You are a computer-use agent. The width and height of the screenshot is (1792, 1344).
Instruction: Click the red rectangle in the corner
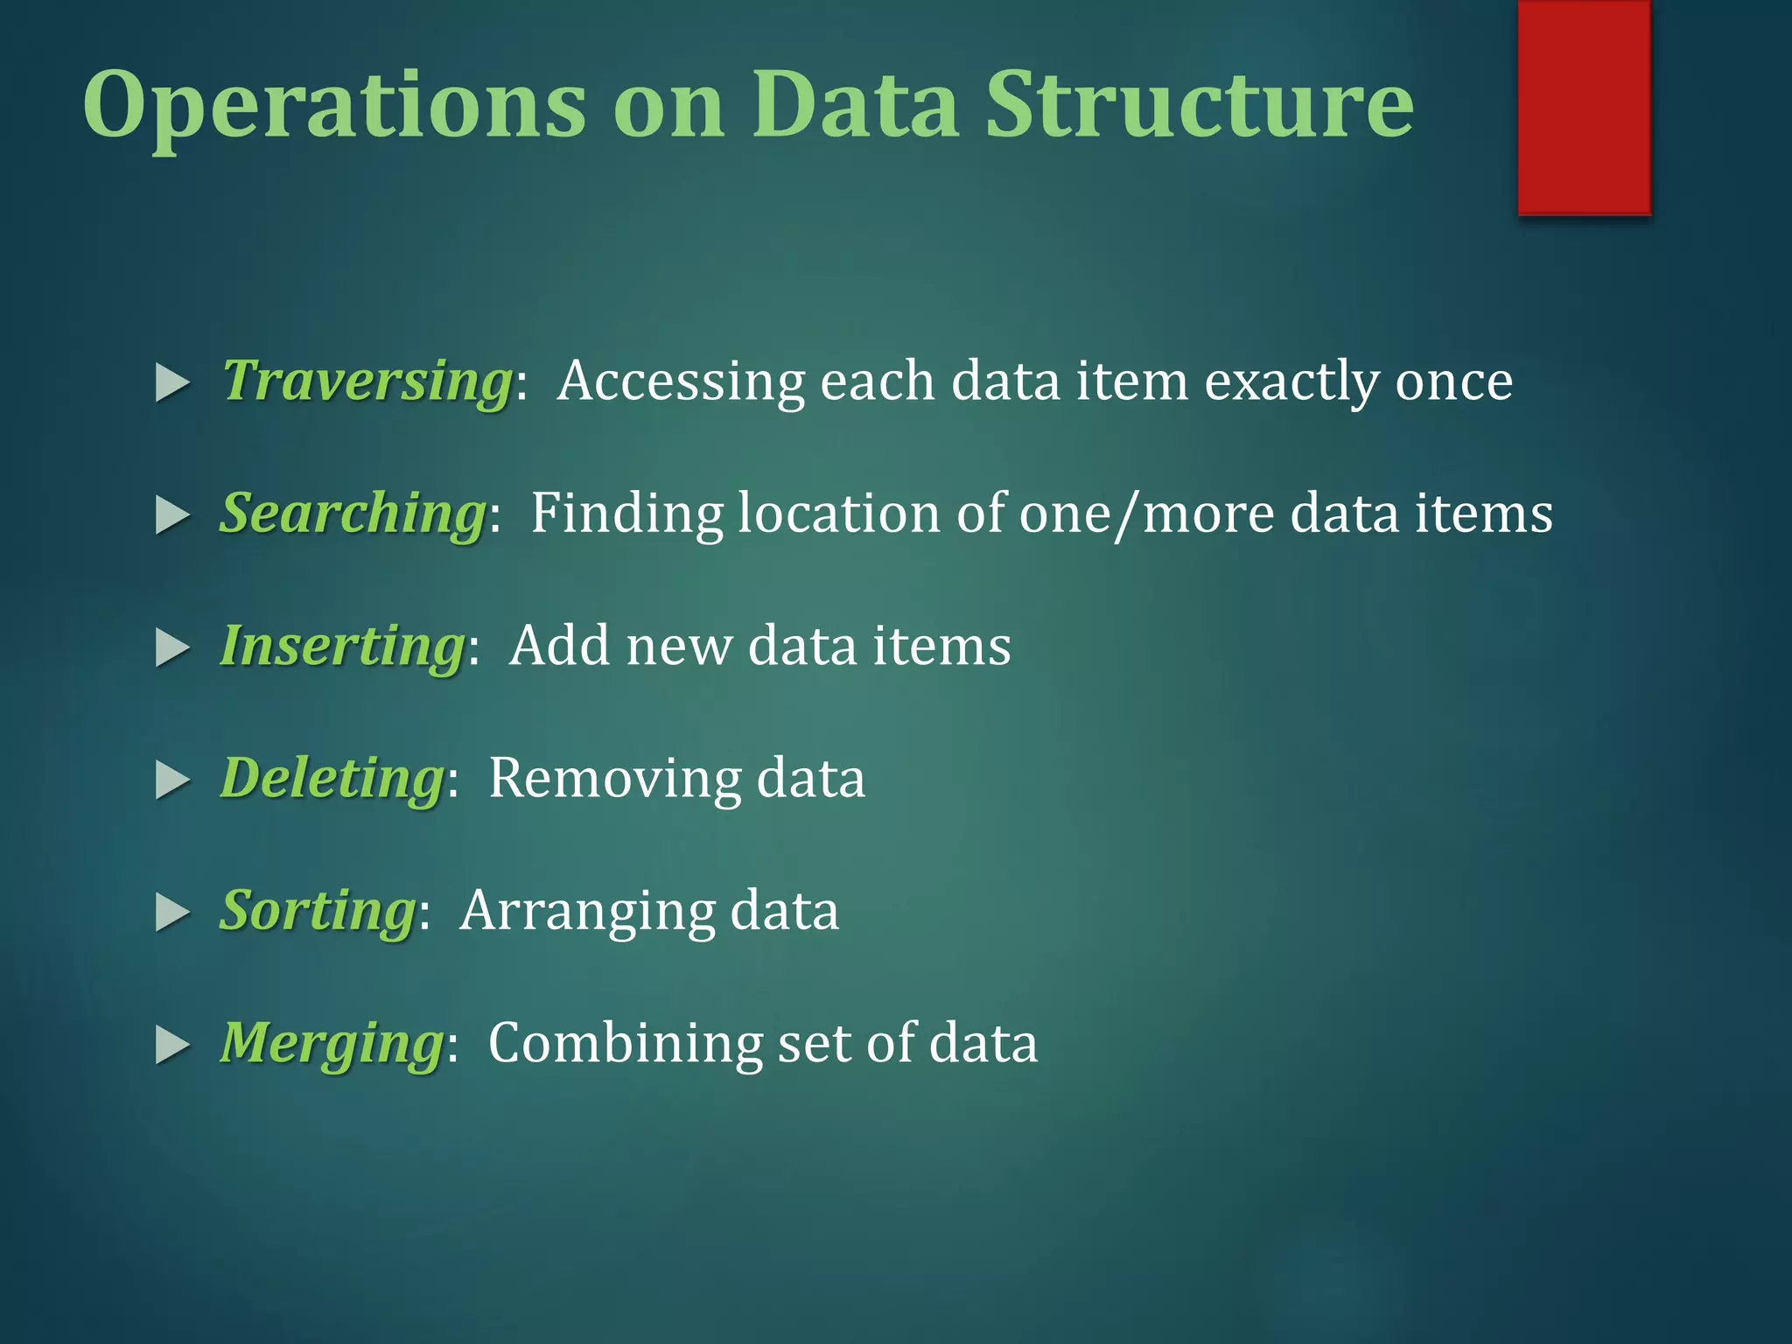coord(1584,107)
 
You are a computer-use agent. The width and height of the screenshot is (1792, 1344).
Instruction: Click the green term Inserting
coord(342,647)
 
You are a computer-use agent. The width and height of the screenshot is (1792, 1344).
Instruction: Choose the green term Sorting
coord(318,911)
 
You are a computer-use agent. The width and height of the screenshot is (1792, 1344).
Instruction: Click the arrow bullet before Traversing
coord(172,383)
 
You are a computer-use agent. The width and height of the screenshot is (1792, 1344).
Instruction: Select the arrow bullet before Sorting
coord(172,913)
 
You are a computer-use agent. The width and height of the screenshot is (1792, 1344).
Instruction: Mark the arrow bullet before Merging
coord(172,1045)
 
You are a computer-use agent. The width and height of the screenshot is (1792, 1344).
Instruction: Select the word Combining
coord(625,1044)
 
